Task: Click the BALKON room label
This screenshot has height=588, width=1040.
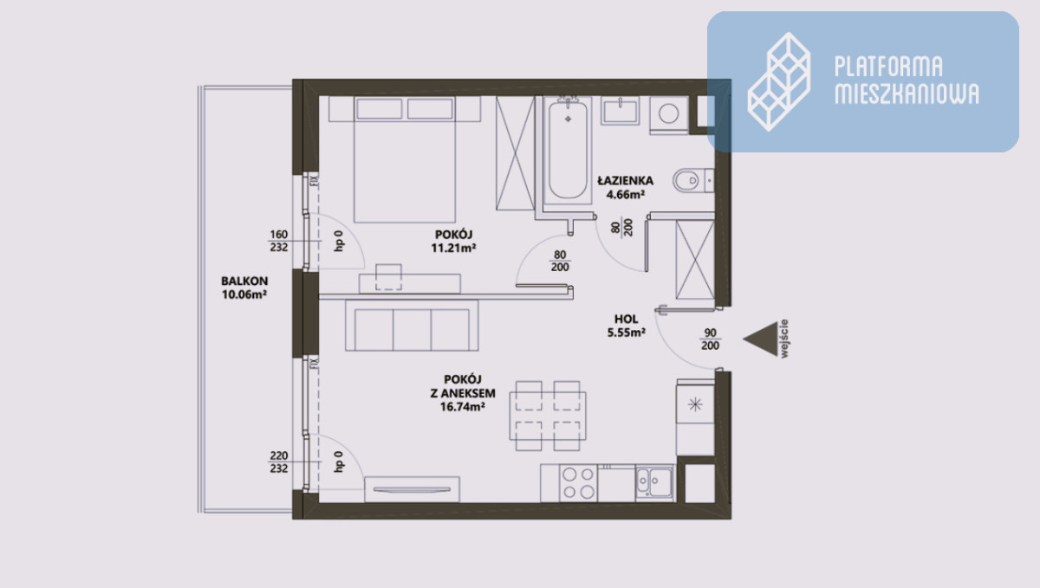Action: pos(244,281)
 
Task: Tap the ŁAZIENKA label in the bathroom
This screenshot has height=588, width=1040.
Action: pos(626,180)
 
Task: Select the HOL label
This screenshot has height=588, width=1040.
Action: pos(626,319)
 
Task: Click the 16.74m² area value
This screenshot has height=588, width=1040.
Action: pos(463,406)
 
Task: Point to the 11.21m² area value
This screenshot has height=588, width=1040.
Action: pos(453,248)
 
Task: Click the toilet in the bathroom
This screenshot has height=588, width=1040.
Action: pos(693,180)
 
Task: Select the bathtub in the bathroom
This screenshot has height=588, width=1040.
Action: pos(568,151)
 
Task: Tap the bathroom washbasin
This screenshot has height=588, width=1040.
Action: pos(620,111)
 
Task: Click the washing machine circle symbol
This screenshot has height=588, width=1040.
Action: pos(668,113)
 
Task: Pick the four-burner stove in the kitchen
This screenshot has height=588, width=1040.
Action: pos(579,482)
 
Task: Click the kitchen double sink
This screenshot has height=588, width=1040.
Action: pos(654,482)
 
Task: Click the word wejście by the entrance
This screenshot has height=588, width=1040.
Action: pos(784,339)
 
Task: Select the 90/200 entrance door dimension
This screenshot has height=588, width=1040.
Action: pos(710,339)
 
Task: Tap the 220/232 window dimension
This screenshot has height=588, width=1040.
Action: pos(278,462)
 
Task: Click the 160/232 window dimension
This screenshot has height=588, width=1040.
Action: pos(278,241)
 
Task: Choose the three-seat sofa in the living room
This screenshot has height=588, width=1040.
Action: pos(412,326)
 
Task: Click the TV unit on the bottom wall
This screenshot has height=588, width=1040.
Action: pos(412,489)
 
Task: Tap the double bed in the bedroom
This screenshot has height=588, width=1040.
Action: pos(405,159)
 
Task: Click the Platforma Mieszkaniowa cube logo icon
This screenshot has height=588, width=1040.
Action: pos(779,81)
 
